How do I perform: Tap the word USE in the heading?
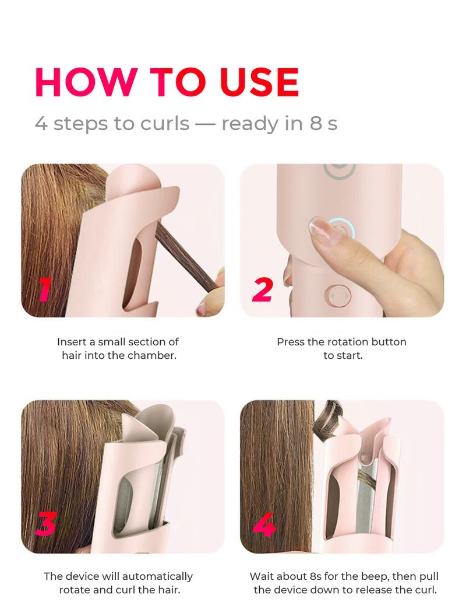pyautogui.click(x=259, y=82)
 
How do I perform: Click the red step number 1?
pyautogui.click(x=44, y=289)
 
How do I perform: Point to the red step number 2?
pyautogui.click(x=262, y=289)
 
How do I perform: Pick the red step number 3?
pyautogui.click(x=46, y=524)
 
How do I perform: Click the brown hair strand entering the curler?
pyautogui.click(x=186, y=256)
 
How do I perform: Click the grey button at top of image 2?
pyautogui.click(x=339, y=170)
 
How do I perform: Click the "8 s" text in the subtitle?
pyautogui.click(x=323, y=123)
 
